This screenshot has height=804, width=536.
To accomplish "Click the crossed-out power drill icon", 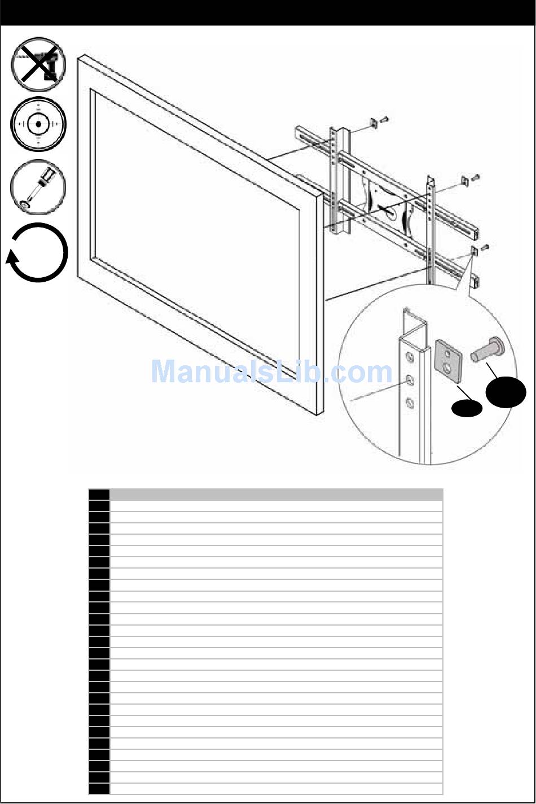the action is pos(38,64).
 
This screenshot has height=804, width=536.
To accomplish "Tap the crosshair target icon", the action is pos(38,124).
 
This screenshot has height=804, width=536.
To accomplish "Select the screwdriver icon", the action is pos(38,186).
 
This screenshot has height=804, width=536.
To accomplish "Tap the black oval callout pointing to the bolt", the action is pos(507,394).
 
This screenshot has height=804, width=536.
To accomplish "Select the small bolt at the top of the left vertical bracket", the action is pos(386,119).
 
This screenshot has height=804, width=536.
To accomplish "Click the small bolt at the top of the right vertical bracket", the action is pos(475,177).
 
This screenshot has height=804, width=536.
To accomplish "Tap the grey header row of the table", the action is pos(276,495).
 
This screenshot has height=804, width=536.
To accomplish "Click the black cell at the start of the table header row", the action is pos(99,495).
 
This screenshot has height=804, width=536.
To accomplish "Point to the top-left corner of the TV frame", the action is pos(82,56).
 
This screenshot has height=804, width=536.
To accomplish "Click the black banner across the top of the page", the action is pos(268,12).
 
